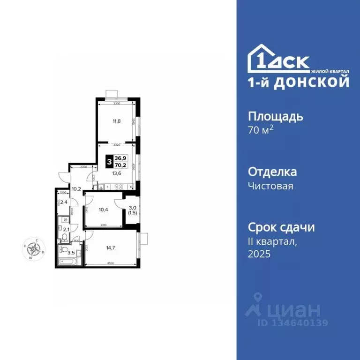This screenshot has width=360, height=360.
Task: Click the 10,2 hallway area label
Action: (75, 189)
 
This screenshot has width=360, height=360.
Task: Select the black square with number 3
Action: (109, 163)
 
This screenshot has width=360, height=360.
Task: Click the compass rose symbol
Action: (34, 247)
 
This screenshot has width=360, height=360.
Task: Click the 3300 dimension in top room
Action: (116, 103)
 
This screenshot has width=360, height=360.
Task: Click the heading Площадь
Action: (275, 116)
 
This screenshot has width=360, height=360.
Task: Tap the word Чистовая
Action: (270, 186)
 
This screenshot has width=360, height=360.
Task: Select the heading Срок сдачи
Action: (281, 227)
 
